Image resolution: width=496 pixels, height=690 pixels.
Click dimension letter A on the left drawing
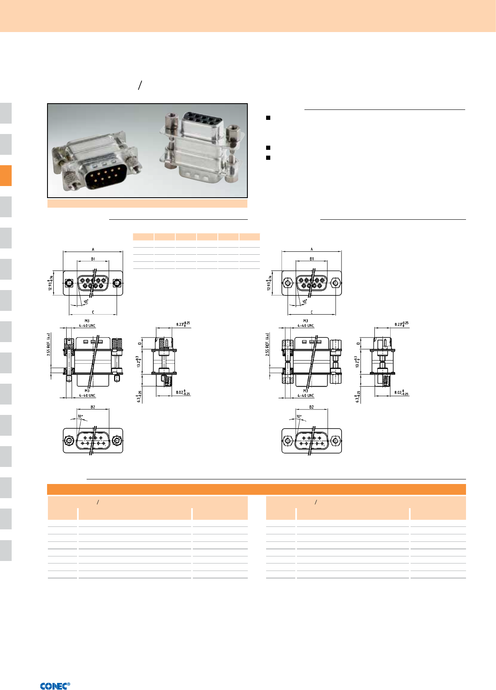coord(93,249)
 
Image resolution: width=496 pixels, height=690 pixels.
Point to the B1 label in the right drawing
coord(312,259)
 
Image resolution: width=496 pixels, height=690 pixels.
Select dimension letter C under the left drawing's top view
coord(93,312)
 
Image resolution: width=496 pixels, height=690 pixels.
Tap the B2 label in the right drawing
coord(312,407)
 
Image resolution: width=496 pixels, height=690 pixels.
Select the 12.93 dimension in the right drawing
coord(269,283)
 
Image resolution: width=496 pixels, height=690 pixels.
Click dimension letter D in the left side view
coord(140,343)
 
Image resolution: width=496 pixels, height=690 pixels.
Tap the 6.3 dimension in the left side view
coord(140,396)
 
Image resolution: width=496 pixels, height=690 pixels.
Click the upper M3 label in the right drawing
coord(306,320)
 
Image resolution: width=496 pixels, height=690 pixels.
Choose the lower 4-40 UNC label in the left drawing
coord(87,395)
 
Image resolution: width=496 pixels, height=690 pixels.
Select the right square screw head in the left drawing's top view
coord(117,283)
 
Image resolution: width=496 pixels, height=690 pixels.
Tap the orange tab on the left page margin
coord(6,176)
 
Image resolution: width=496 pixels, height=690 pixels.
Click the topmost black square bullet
coord(268,118)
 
